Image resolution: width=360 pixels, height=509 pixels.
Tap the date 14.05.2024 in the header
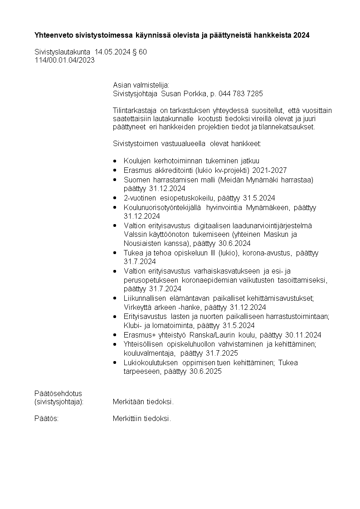[x=112, y=52]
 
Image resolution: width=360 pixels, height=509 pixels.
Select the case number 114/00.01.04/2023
[x=64, y=60]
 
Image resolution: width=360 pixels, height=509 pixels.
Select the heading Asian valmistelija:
[x=141, y=85]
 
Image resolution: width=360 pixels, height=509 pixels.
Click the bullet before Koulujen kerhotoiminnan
[x=115, y=162]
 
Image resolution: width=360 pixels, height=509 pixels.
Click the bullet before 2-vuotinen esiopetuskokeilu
[x=115, y=198]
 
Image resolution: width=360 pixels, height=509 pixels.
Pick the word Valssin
[x=135, y=235]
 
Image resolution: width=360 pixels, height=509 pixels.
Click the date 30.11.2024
[x=303, y=335]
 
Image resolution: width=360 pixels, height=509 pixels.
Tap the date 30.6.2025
[x=205, y=372]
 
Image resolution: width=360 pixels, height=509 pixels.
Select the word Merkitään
[x=127, y=402]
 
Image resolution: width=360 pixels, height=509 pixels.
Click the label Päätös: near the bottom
[x=47, y=418]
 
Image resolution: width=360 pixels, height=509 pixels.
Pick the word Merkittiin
[x=127, y=418]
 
